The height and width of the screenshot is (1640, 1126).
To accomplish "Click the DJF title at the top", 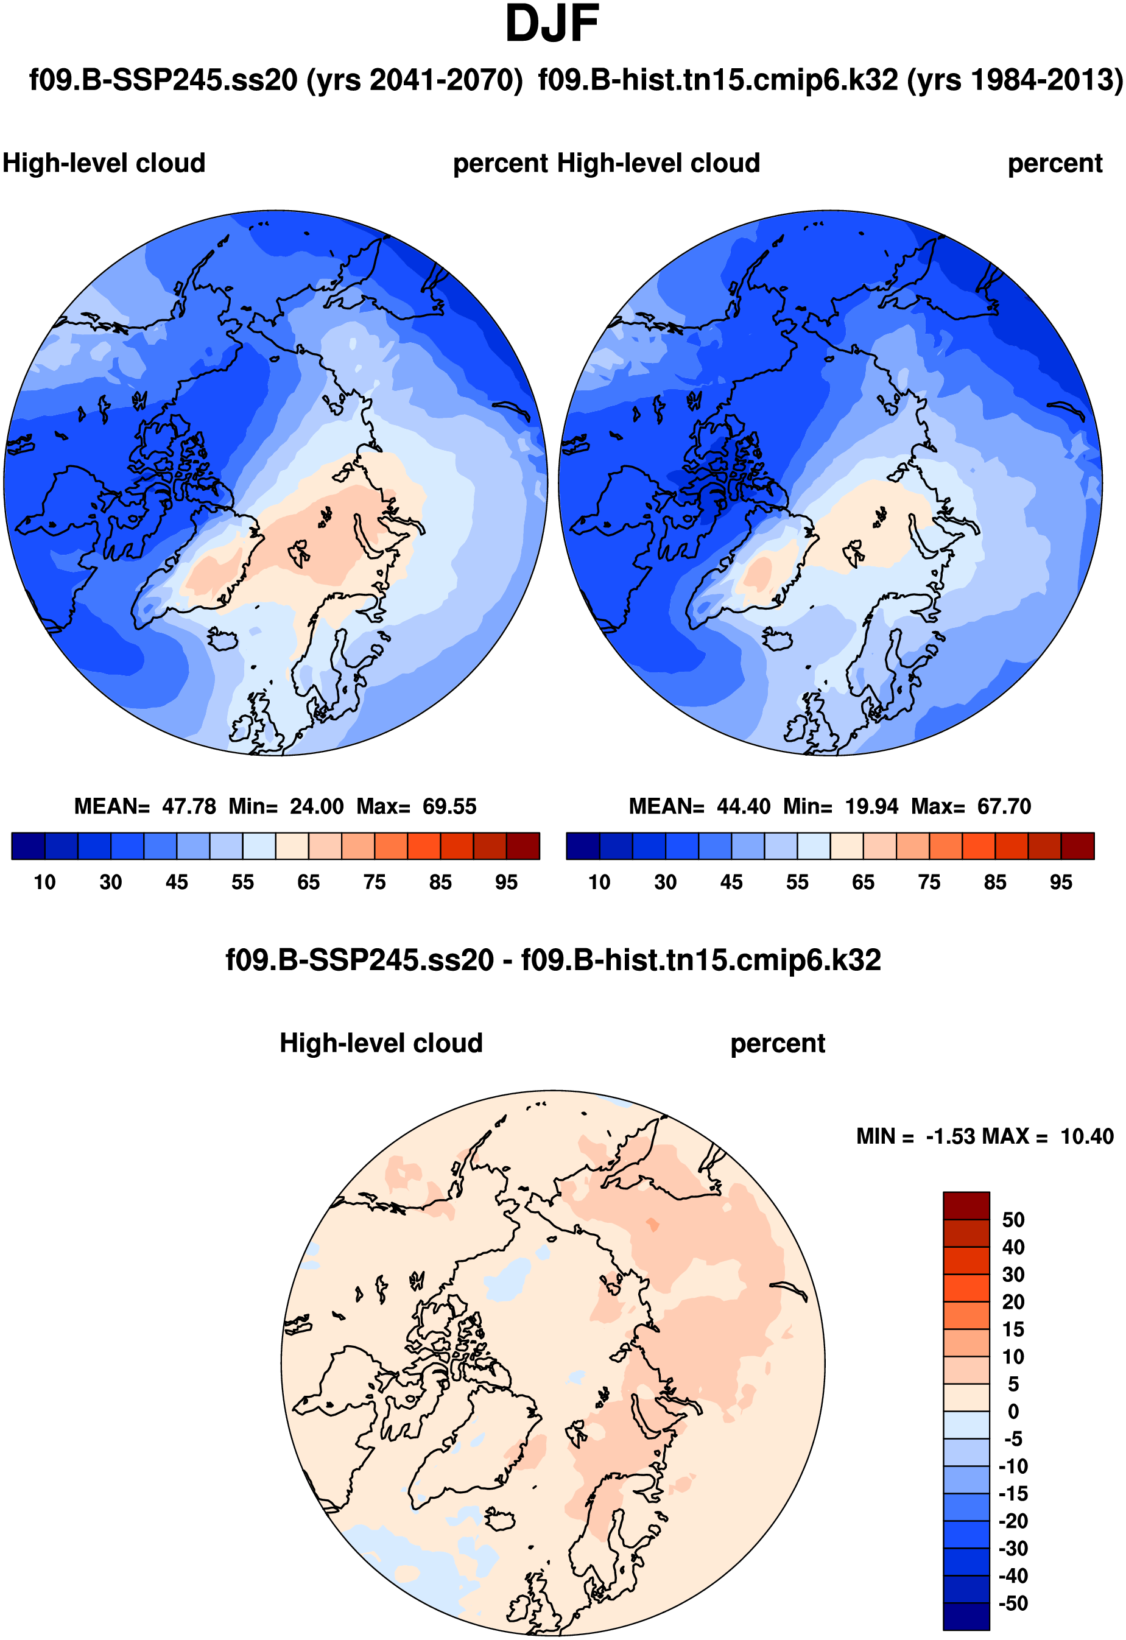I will click(x=552, y=26).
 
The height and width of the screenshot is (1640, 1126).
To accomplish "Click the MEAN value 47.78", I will click(x=188, y=806).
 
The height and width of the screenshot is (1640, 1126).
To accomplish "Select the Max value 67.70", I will click(x=1004, y=806).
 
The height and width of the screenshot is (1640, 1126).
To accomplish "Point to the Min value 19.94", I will click(x=872, y=806).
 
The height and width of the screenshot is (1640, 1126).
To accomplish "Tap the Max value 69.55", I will click(x=449, y=806).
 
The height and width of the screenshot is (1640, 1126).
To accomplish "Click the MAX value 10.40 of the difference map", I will click(x=1086, y=1137).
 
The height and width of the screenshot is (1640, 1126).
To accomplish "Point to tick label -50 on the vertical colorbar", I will click(x=1013, y=1603).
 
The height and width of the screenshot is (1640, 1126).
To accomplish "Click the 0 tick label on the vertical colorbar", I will click(x=1013, y=1412).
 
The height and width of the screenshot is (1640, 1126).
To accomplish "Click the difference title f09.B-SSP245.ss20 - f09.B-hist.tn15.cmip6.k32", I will click(x=552, y=960).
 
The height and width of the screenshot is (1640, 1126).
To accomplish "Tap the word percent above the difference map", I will click(x=778, y=1044).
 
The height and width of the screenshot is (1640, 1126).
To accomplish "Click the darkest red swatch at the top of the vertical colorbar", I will click(x=966, y=1206).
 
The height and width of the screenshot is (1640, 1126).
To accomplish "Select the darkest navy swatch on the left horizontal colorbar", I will click(x=28, y=846).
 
